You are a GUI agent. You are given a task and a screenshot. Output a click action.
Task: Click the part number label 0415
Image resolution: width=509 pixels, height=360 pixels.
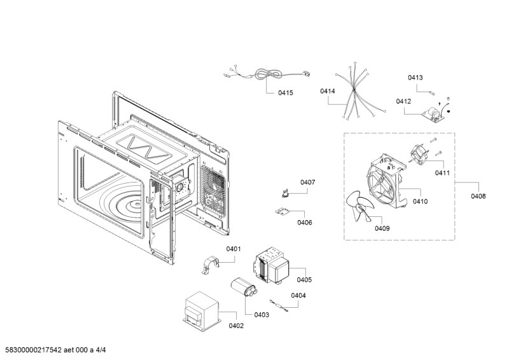click(x=286, y=93)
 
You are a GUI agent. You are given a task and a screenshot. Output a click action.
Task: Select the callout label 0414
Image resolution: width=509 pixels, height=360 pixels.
click(x=328, y=92)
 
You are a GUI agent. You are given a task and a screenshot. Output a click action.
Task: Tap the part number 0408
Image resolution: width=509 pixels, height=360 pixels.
click(x=478, y=197)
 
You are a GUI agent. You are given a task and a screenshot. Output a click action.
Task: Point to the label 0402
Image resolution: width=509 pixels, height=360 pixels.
click(x=236, y=326)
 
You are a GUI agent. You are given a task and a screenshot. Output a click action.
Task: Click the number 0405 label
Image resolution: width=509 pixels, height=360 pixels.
click(x=304, y=280)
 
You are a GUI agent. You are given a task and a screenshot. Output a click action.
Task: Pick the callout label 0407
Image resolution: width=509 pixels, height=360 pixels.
click(x=307, y=183)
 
